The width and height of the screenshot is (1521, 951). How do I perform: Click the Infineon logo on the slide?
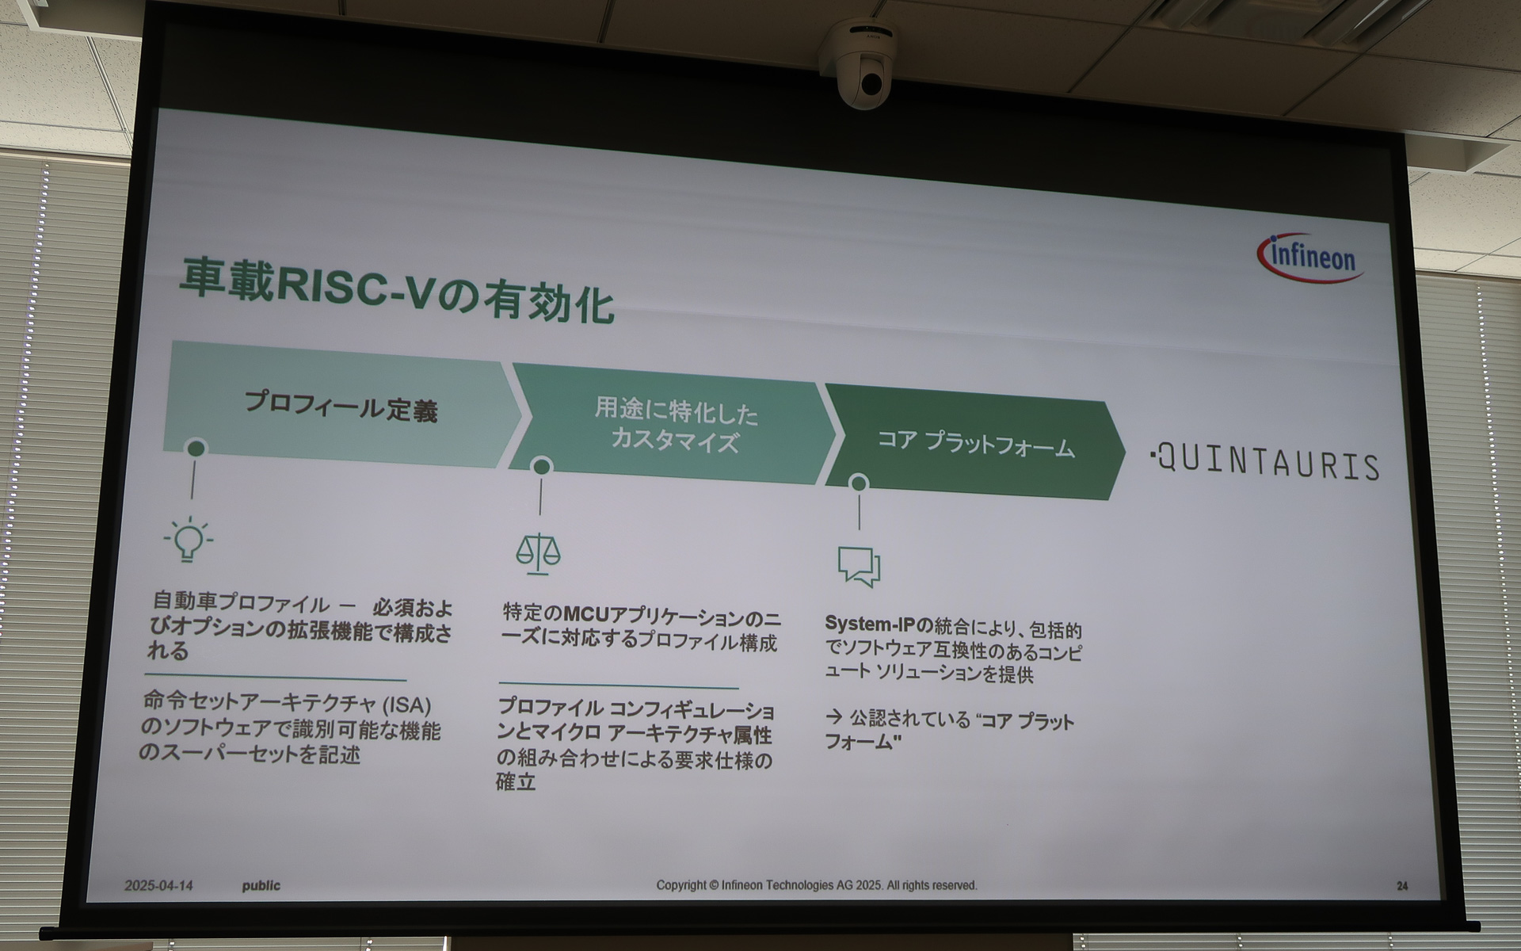(x=1311, y=258)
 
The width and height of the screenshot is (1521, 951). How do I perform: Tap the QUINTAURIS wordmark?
(x=1265, y=462)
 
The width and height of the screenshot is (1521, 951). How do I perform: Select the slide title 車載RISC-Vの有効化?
(x=396, y=292)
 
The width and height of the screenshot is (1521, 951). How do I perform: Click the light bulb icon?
(x=189, y=540)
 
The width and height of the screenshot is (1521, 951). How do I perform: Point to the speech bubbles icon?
(x=860, y=566)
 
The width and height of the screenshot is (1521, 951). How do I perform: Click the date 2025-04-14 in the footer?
(x=158, y=885)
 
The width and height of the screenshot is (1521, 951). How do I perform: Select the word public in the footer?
(x=261, y=885)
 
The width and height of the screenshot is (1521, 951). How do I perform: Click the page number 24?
(x=1402, y=886)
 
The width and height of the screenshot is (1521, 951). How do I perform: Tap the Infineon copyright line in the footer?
(x=816, y=885)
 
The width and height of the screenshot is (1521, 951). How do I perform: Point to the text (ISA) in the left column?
(x=407, y=705)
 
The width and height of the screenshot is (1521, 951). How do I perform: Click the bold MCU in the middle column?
(x=586, y=614)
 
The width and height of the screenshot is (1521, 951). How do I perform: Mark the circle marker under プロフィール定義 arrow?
(x=196, y=449)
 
